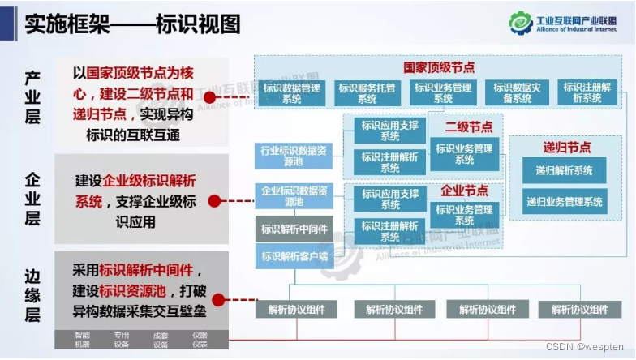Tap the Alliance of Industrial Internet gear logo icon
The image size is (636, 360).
pos(521,23)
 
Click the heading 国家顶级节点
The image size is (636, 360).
pos(438,67)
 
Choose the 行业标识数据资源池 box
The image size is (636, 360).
pos(294,156)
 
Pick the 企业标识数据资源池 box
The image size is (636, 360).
pos(294,195)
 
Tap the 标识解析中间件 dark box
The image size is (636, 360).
pos(294,229)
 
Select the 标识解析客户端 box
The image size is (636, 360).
pos(294,256)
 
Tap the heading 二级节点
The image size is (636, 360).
pos(468,127)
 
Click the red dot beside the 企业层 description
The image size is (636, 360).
pos(214,199)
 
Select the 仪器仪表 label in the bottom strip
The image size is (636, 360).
pos(200,339)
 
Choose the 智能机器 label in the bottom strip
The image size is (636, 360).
pos(83,339)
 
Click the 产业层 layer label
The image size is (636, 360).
pos(32,97)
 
